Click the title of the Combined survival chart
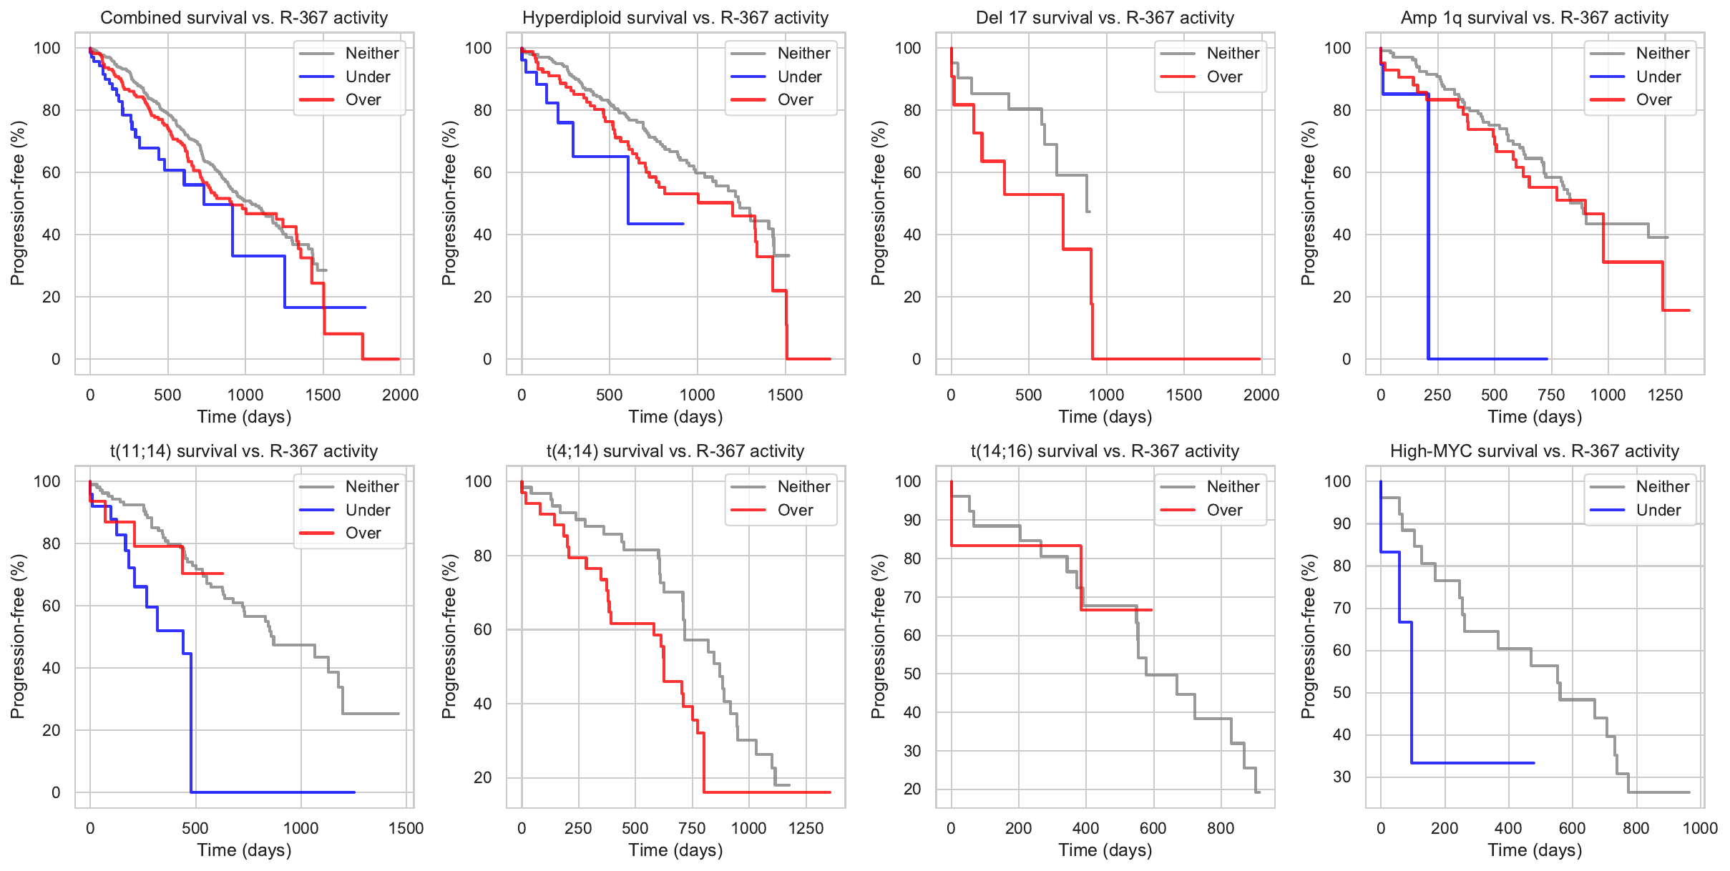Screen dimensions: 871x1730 coord(244,18)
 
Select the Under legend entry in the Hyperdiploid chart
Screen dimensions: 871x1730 coord(798,77)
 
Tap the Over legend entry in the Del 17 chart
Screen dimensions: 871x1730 coord(1223,77)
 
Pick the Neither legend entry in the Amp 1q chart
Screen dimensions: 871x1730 coord(1662,53)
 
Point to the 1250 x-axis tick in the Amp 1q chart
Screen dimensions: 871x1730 coord(1665,395)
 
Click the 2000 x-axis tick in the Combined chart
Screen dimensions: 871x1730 coord(400,395)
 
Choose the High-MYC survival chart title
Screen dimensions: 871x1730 coord(1534,451)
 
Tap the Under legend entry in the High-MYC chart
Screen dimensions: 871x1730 coord(1658,510)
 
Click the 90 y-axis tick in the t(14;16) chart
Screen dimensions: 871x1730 coord(912,520)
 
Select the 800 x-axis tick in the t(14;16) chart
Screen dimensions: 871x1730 coord(1221,828)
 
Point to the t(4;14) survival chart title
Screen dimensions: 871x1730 coord(675,451)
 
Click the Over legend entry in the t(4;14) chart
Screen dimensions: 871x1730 coord(795,510)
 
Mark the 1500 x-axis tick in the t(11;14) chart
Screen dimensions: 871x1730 coord(406,828)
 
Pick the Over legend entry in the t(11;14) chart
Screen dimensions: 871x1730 coord(363,533)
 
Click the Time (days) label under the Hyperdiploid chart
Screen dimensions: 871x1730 coord(675,417)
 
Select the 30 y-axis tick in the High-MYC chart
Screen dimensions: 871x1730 coord(1342,777)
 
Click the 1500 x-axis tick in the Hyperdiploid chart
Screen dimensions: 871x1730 coord(785,395)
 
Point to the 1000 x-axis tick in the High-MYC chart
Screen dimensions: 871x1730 coord(1700,828)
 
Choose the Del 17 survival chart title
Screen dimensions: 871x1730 coord(1105,18)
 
